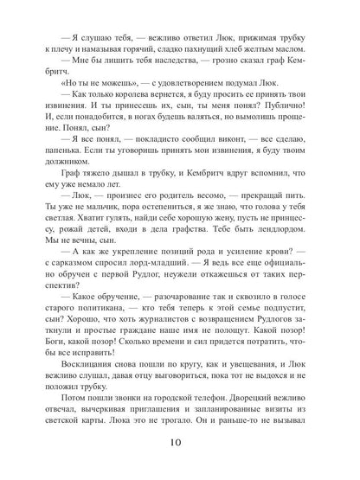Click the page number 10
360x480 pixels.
coord(180,451)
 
